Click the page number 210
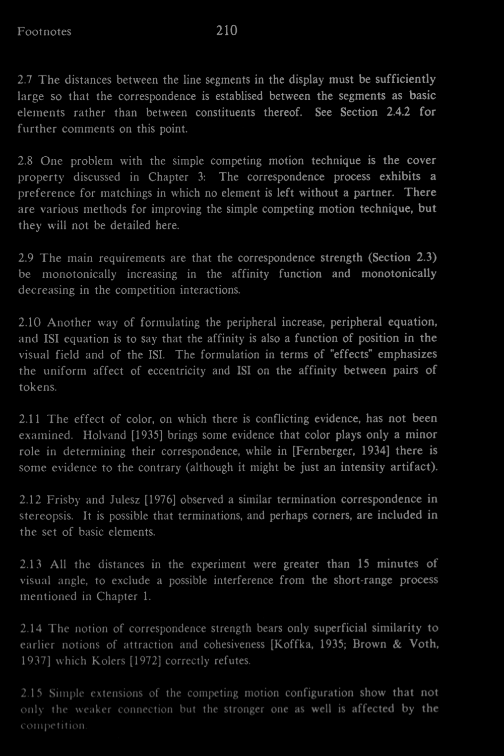click(x=227, y=31)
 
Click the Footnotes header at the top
click(x=44, y=32)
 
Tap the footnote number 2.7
click(x=26, y=80)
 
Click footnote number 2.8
click(x=26, y=162)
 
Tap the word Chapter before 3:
click(x=168, y=177)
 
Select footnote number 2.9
click(x=26, y=259)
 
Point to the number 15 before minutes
click(x=363, y=564)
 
